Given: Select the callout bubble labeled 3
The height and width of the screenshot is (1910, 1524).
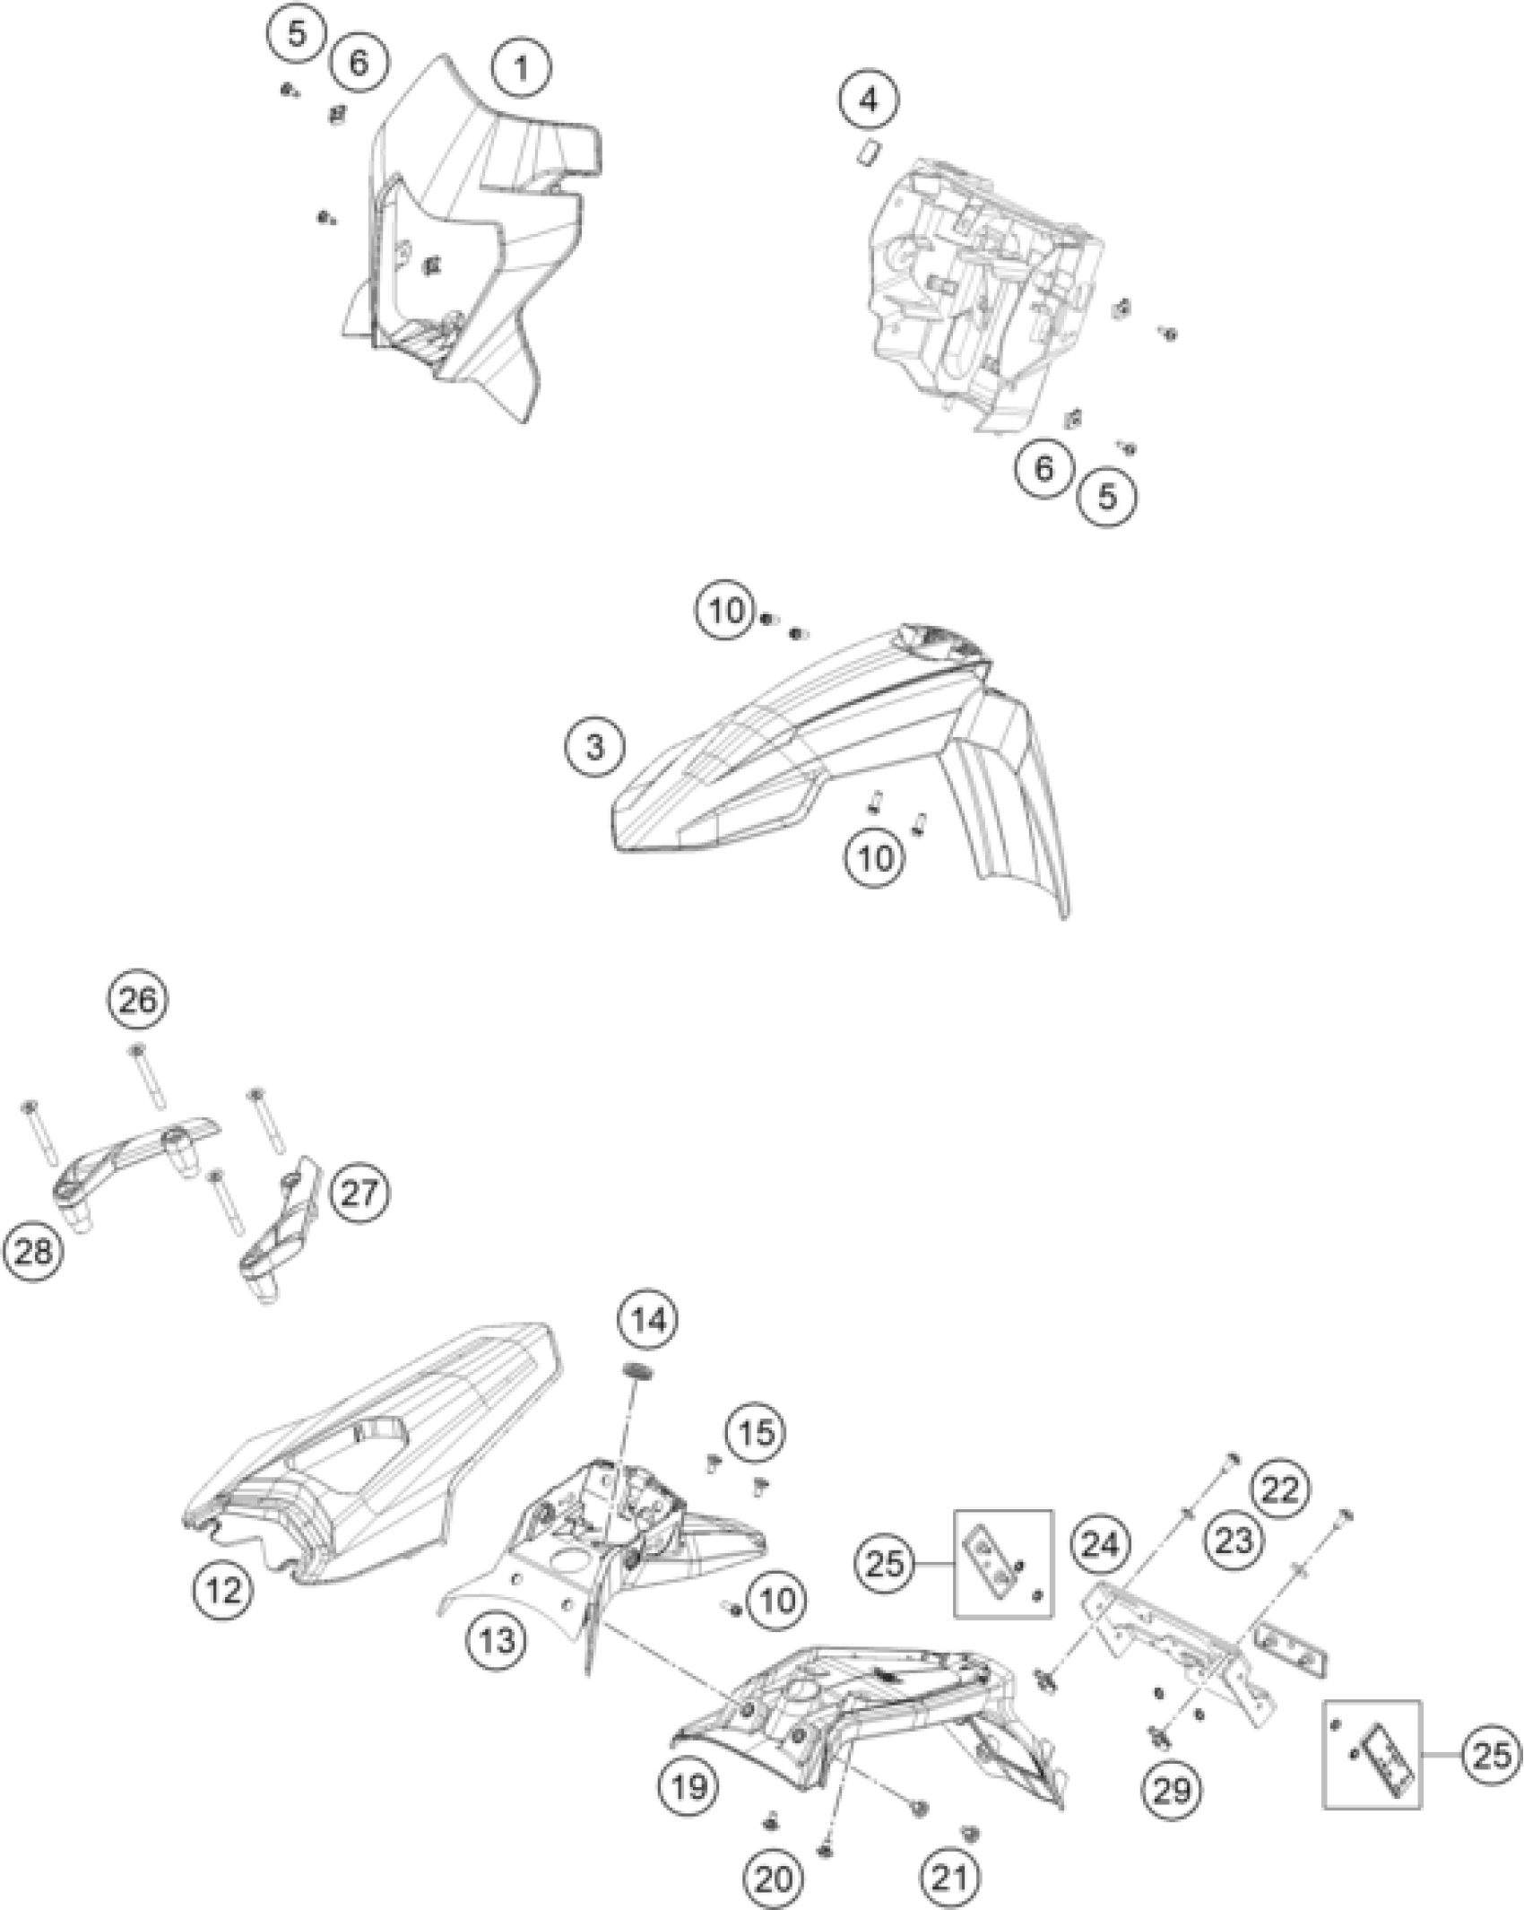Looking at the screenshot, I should click(595, 746).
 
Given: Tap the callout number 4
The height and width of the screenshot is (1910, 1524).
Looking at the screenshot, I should click(869, 100).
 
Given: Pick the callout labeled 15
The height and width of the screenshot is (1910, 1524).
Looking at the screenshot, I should click(755, 1432).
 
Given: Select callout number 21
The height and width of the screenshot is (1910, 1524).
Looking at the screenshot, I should click(951, 1872).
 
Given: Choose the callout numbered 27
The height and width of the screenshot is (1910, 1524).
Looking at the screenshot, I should click(359, 1194).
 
